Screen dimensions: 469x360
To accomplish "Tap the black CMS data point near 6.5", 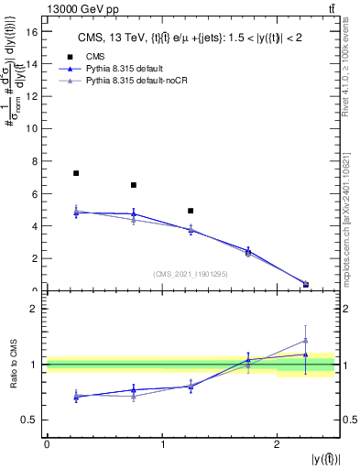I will tap(134, 185).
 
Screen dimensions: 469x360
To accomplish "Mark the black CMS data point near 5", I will tap(191, 211).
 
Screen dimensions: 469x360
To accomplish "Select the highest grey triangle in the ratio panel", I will tap(305, 340).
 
